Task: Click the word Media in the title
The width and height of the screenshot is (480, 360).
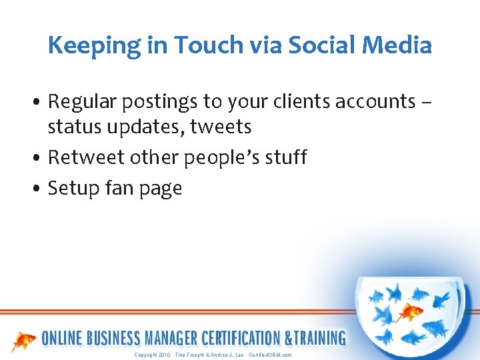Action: (x=402, y=45)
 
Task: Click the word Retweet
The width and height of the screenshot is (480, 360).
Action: (x=83, y=157)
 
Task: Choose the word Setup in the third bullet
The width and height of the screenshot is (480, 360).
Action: (x=75, y=189)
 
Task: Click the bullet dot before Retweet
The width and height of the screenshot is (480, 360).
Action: (x=39, y=158)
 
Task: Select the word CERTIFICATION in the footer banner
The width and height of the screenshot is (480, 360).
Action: (x=239, y=338)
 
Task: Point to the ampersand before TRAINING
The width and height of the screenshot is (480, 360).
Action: (x=289, y=338)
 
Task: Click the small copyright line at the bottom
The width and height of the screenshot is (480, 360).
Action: (x=213, y=355)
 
